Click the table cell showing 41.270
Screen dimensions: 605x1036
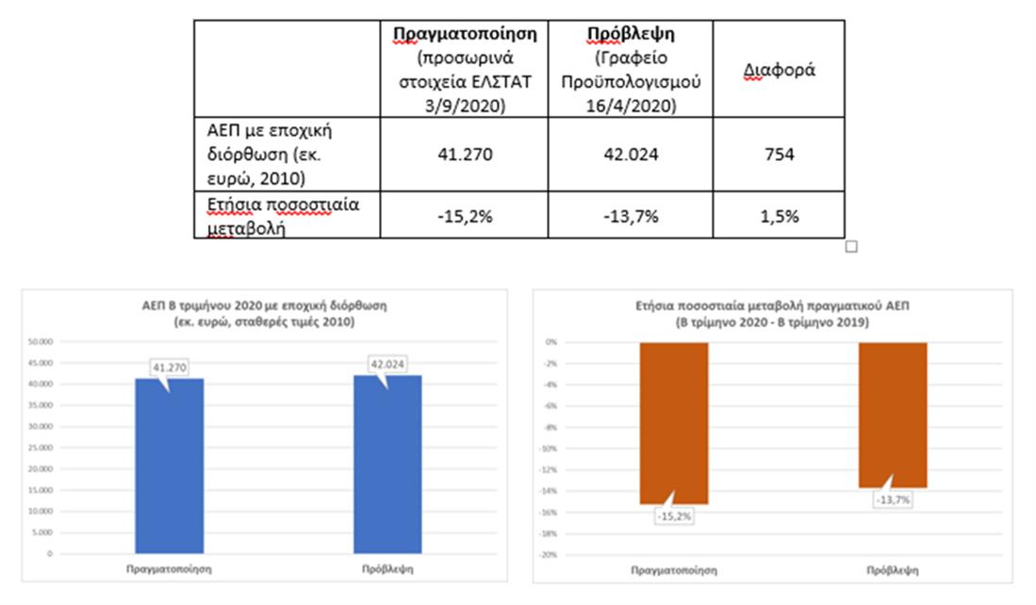tap(465, 155)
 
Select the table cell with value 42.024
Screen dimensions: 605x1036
tap(630, 155)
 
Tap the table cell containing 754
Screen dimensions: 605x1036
tap(779, 155)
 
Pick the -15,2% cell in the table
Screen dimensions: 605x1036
tap(465, 216)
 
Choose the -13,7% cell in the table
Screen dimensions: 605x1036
tap(630, 216)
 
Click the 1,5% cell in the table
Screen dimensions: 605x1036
tap(779, 216)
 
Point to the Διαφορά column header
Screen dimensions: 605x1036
tap(779, 71)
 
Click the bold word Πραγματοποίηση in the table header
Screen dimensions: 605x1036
tap(465, 34)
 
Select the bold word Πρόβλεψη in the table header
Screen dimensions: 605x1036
tap(630, 34)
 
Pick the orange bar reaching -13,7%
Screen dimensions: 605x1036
tap(893, 415)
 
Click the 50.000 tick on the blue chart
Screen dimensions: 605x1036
tap(41, 341)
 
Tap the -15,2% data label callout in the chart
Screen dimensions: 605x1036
tap(672, 516)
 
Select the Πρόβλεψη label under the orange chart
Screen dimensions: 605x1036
tap(893, 570)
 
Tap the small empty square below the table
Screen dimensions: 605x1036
tap(851, 247)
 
